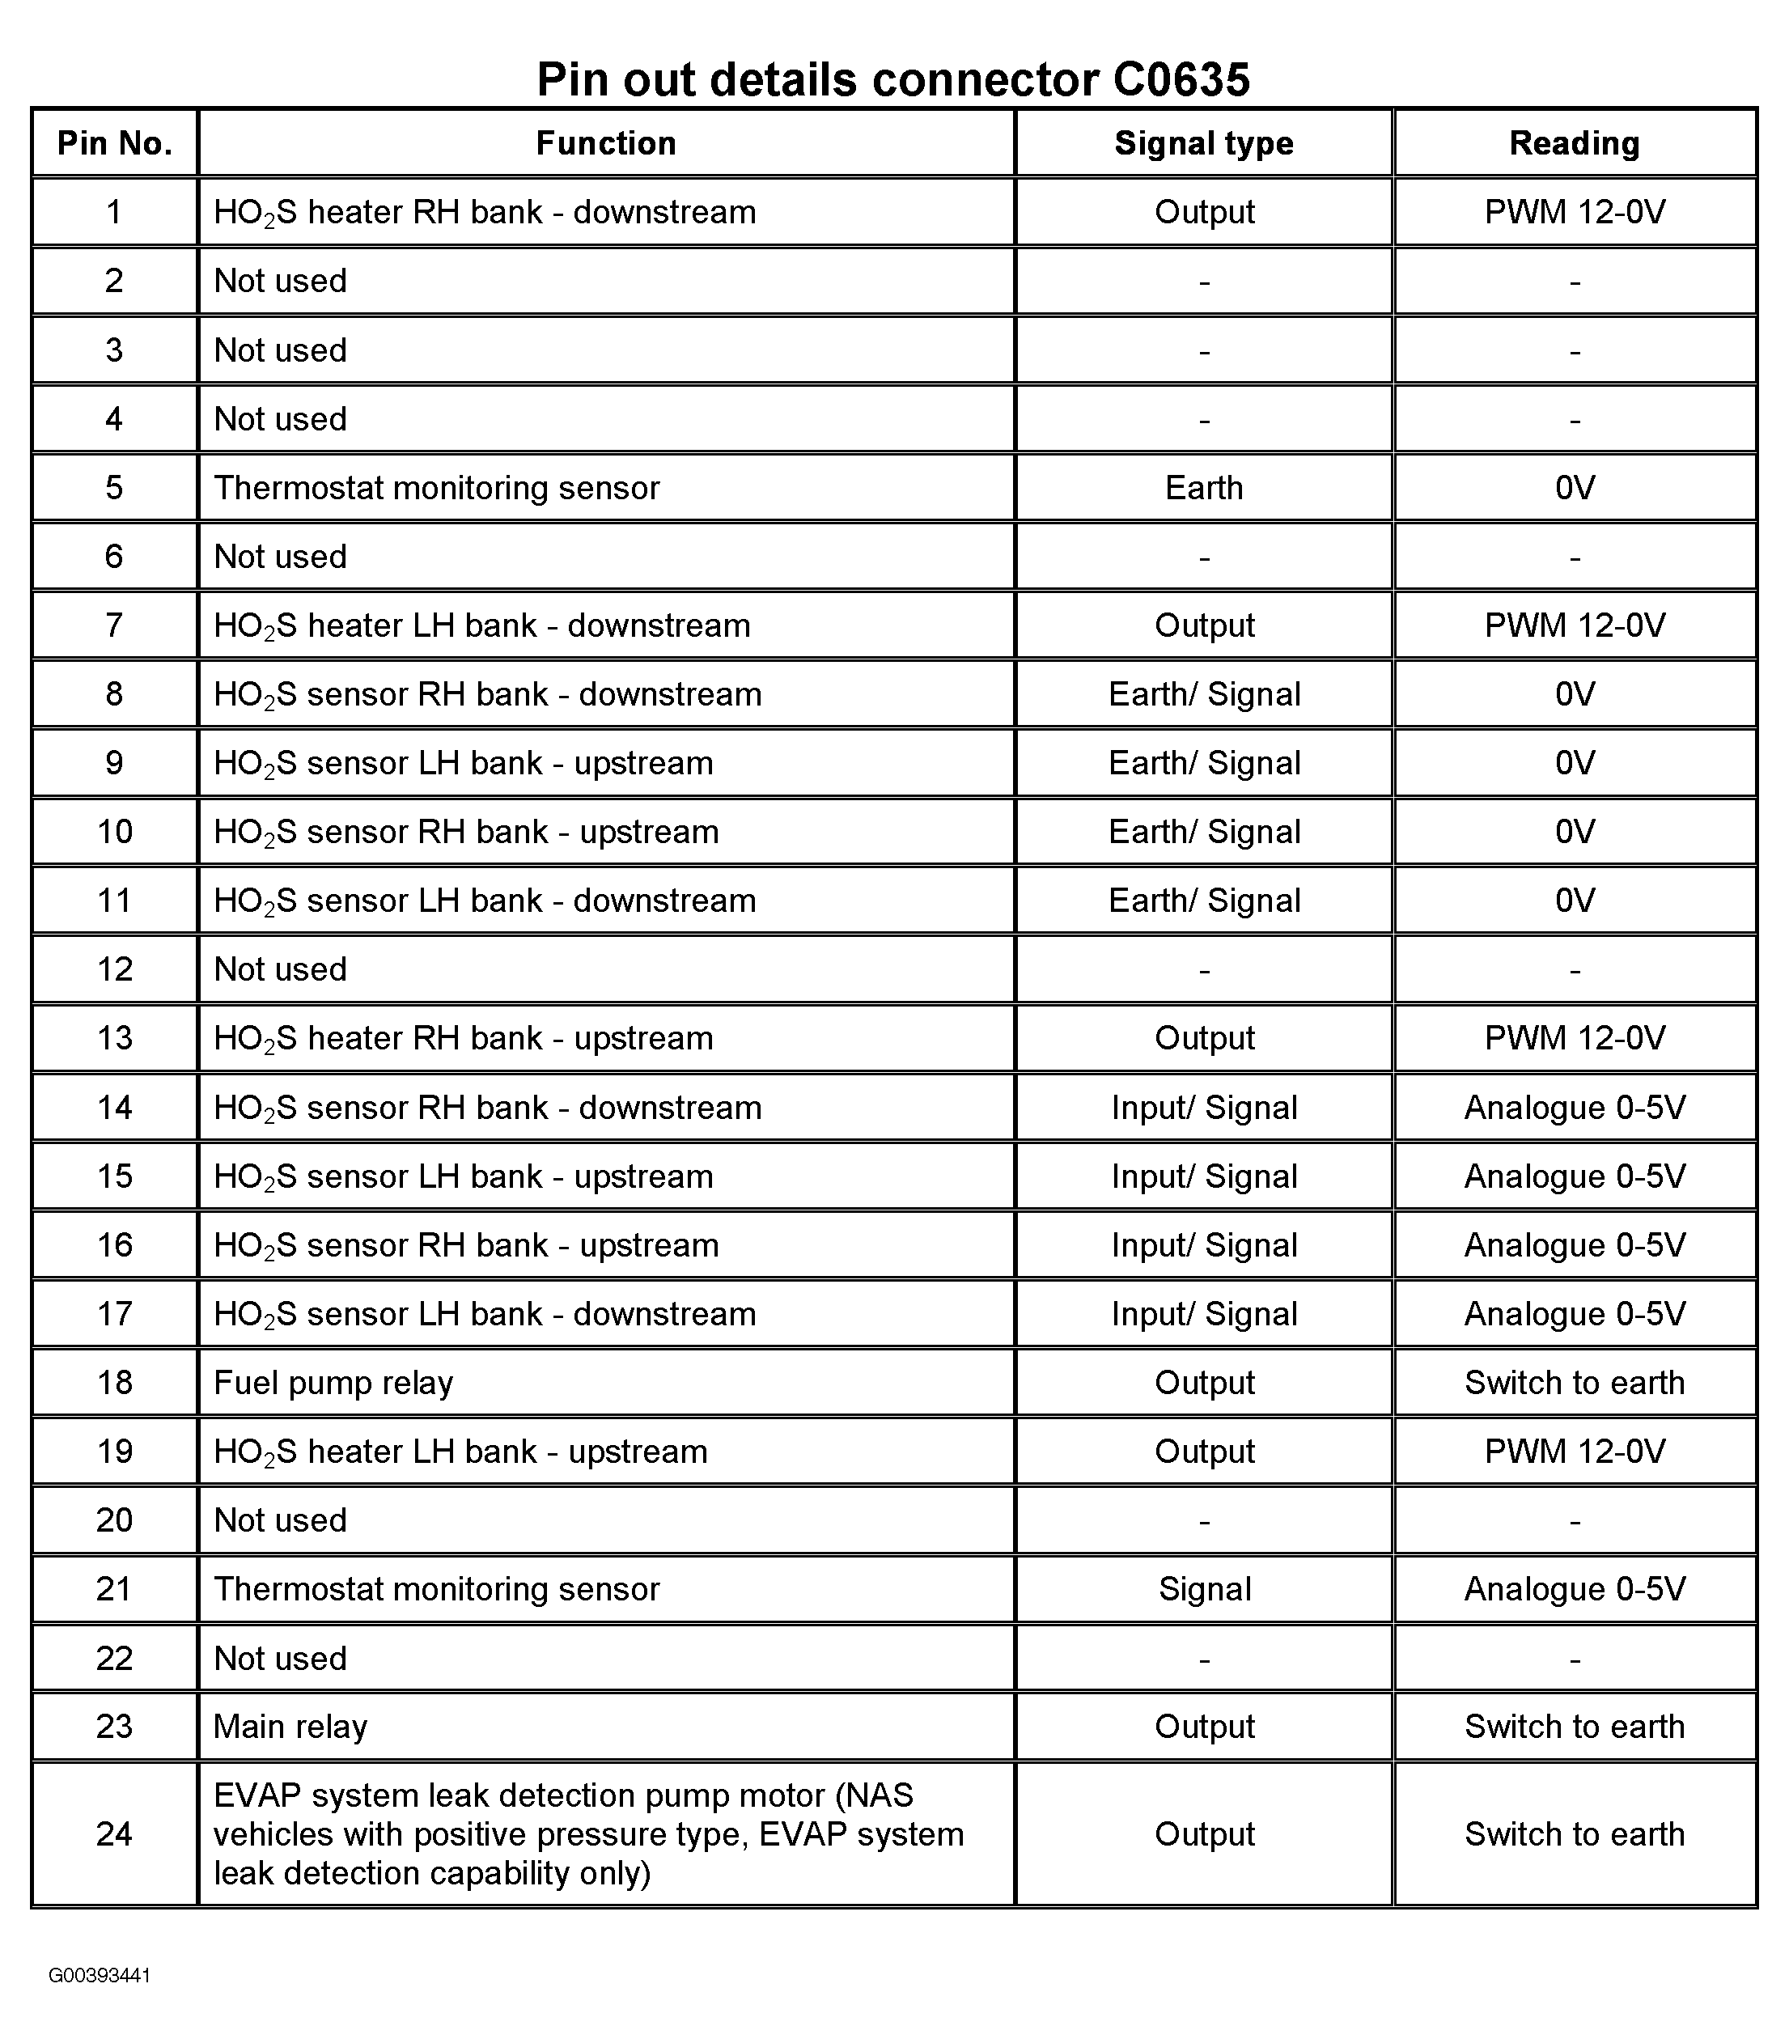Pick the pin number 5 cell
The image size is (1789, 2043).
coord(114,488)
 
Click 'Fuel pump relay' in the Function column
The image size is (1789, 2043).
coord(333,1382)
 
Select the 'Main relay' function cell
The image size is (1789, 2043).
coord(290,1727)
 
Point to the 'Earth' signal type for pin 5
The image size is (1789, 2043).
coord(1203,488)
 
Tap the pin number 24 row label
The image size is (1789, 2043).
coord(114,1833)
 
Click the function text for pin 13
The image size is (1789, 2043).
coord(463,1039)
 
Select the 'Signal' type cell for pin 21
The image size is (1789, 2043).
coord(1203,1589)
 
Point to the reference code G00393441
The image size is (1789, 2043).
coord(99,1976)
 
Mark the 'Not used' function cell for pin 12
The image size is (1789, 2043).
coord(281,970)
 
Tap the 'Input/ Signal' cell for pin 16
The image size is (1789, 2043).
coord(1203,1245)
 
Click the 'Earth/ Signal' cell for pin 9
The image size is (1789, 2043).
coord(1203,764)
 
